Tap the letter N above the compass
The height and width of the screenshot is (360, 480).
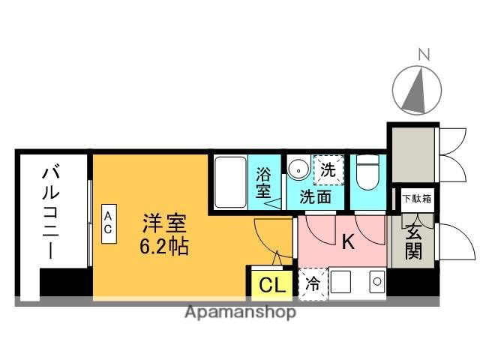(424, 54)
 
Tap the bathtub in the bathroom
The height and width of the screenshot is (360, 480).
(230, 184)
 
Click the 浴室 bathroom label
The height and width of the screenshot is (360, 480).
(264, 182)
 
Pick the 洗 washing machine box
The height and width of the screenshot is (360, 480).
(328, 169)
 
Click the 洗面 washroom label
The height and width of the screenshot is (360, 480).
(316, 197)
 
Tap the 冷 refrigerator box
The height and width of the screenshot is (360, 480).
(312, 284)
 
